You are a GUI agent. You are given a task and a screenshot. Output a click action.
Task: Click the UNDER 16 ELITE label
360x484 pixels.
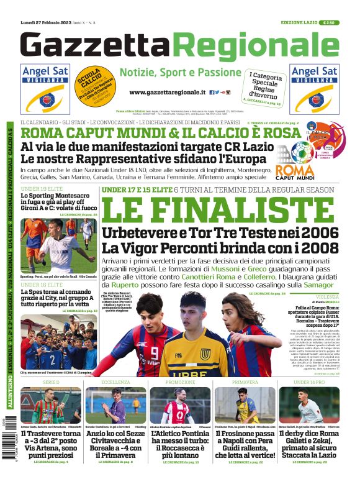pos(39,283)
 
